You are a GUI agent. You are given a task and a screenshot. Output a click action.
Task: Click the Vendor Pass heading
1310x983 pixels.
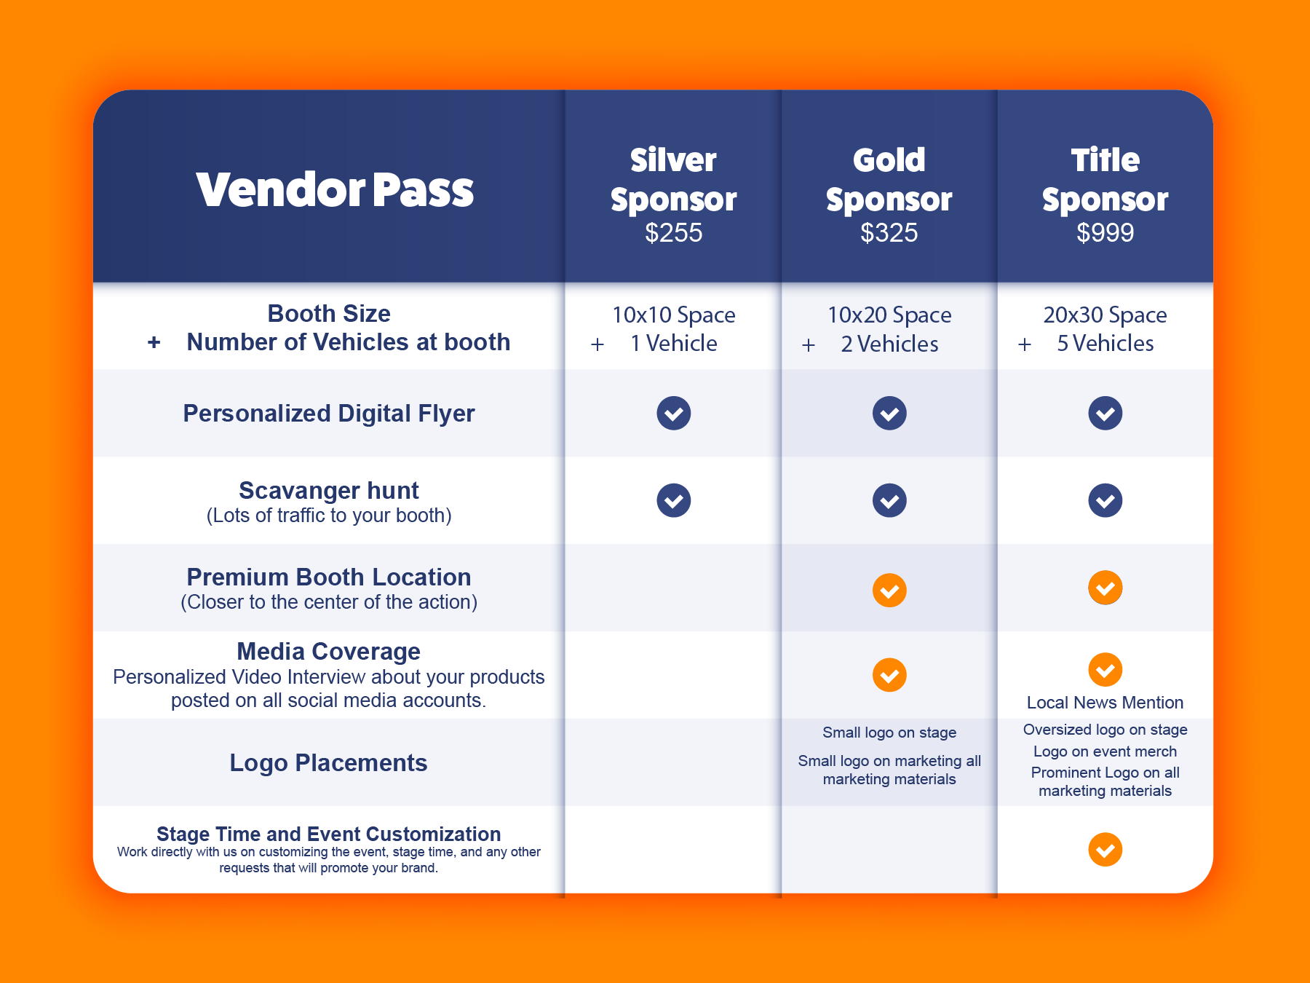pos(335,190)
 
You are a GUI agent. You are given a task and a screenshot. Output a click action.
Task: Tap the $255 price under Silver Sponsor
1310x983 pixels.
pos(674,233)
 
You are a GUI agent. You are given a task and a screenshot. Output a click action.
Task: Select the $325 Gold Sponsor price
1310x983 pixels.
pos(889,233)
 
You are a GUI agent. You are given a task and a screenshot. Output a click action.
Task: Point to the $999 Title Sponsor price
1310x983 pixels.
pos(1105,233)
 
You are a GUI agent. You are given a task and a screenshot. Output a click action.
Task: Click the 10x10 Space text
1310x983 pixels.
pos(674,315)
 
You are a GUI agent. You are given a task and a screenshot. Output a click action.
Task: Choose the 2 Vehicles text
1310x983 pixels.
pos(889,344)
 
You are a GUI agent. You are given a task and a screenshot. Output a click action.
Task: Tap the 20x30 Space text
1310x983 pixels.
pos(1105,315)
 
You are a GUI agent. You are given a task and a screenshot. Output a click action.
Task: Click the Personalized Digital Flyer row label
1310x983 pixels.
pos(329,414)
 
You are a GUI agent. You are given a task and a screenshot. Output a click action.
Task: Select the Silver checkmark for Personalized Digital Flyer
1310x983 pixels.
pos(674,414)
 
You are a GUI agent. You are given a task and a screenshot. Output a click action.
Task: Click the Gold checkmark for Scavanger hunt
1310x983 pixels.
pos(889,501)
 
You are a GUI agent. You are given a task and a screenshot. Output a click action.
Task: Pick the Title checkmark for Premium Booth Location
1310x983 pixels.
pos(1105,588)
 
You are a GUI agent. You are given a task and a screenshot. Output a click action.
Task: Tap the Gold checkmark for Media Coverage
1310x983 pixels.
pos(889,675)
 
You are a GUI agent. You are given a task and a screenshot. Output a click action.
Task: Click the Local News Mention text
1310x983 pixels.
pos(1105,703)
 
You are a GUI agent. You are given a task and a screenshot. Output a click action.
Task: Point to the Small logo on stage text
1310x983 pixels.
pos(889,733)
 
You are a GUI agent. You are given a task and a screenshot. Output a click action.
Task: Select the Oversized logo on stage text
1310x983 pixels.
pos(1105,730)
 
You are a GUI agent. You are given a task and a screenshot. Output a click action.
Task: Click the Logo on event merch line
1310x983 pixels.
pos(1105,751)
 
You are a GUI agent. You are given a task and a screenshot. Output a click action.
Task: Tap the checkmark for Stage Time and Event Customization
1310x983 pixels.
pos(1105,850)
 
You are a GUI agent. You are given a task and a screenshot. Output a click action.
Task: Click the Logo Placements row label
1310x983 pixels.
pos(328,763)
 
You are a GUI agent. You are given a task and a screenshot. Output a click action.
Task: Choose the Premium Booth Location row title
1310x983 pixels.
pos(329,577)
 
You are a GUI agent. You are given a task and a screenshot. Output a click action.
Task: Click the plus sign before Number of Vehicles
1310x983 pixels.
pos(154,342)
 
